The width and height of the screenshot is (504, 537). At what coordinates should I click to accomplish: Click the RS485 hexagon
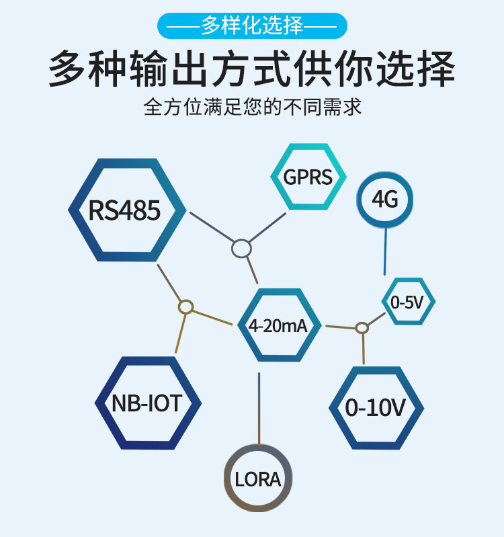point(125,210)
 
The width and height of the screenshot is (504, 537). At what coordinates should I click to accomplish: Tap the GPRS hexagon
point(308,177)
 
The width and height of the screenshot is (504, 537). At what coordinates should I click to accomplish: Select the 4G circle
point(385,200)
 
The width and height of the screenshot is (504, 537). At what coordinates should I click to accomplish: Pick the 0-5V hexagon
point(408,302)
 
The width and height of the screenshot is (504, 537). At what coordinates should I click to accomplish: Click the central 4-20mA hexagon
point(278,325)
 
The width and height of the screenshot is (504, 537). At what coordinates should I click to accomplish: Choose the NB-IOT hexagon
point(147,403)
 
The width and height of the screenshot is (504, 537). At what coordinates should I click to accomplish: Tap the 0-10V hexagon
point(376,408)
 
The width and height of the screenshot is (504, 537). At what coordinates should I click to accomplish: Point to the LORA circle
point(258,478)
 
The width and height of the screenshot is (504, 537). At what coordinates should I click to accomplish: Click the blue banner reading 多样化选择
point(252,26)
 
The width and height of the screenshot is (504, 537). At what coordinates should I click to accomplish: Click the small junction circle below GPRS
point(241,249)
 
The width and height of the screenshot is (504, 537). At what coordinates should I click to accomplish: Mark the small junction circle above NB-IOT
point(186,307)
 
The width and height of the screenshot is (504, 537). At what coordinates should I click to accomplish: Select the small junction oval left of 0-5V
point(362,327)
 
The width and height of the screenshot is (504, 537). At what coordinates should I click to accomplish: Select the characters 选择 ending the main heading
point(422,69)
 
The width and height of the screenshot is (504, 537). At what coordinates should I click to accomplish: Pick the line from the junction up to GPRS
point(267,229)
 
